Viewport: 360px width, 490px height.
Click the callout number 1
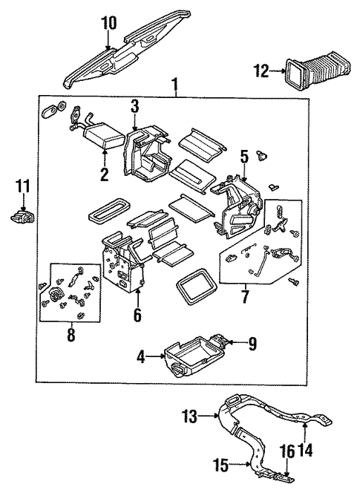point(175,83)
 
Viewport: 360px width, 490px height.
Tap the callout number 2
point(105,175)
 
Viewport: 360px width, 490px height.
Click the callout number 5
point(243,157)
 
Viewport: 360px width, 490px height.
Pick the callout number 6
point(137,315)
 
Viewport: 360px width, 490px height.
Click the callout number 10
point(108,23)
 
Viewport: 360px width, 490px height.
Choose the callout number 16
point(287,451)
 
